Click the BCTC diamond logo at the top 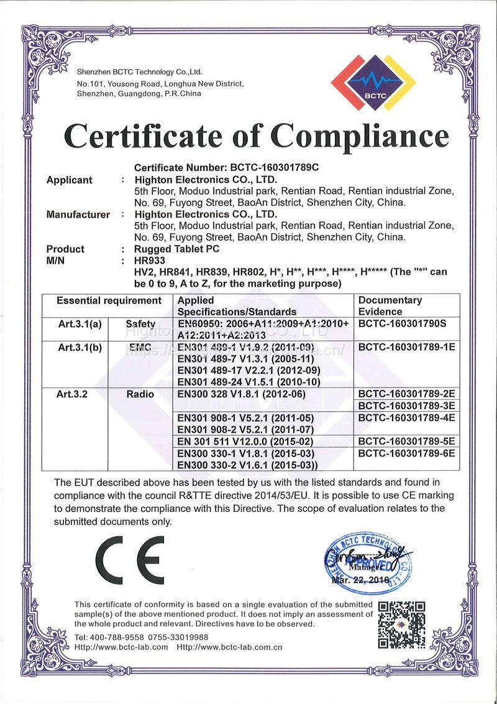[x=373, y=79]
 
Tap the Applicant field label [x=69, y=180]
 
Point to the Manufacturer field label [x=78, y=215]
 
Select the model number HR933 [x=150, y=261]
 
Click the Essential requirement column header [x=109, y=300]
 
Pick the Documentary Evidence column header [x=390, y=305]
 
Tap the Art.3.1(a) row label [x=80, y=323]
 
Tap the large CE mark [x=130, y=559]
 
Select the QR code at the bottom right [x=401, y=624]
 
